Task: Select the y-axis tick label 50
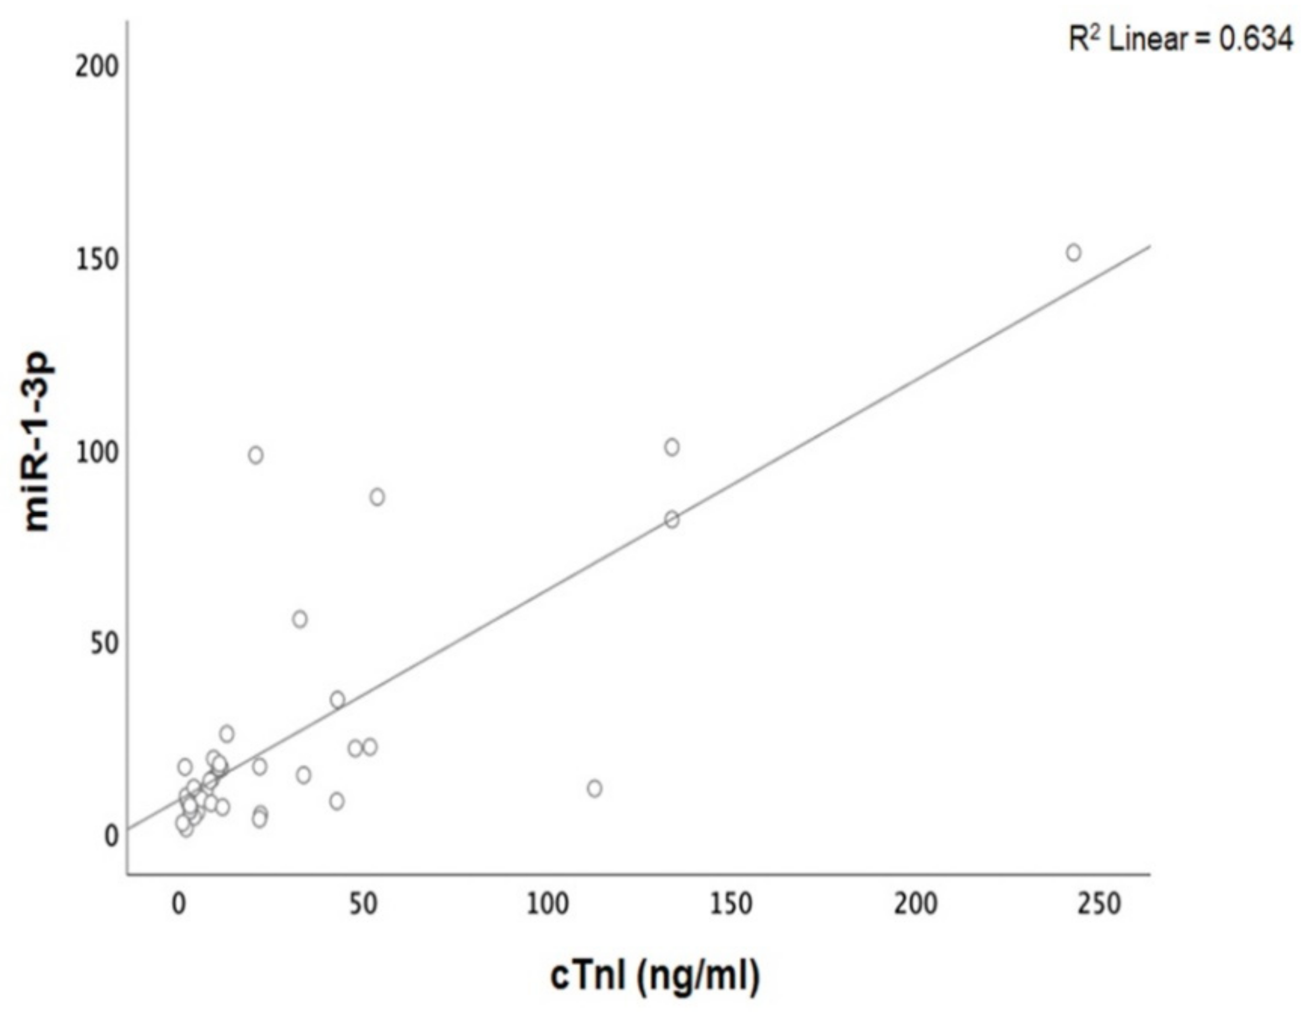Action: (103, 644)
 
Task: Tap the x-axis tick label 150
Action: (731, 905)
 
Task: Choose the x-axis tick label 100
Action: (547, 905)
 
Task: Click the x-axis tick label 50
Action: (364, 905)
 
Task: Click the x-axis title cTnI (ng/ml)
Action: (655, 976)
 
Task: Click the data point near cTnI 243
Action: (1073, 253)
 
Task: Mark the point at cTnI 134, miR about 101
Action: (672, 447)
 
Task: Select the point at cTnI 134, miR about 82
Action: (672, 520)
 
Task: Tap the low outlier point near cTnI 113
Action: (594, 789)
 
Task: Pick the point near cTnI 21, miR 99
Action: (255, 456)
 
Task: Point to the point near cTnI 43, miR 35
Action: (337, 700)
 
